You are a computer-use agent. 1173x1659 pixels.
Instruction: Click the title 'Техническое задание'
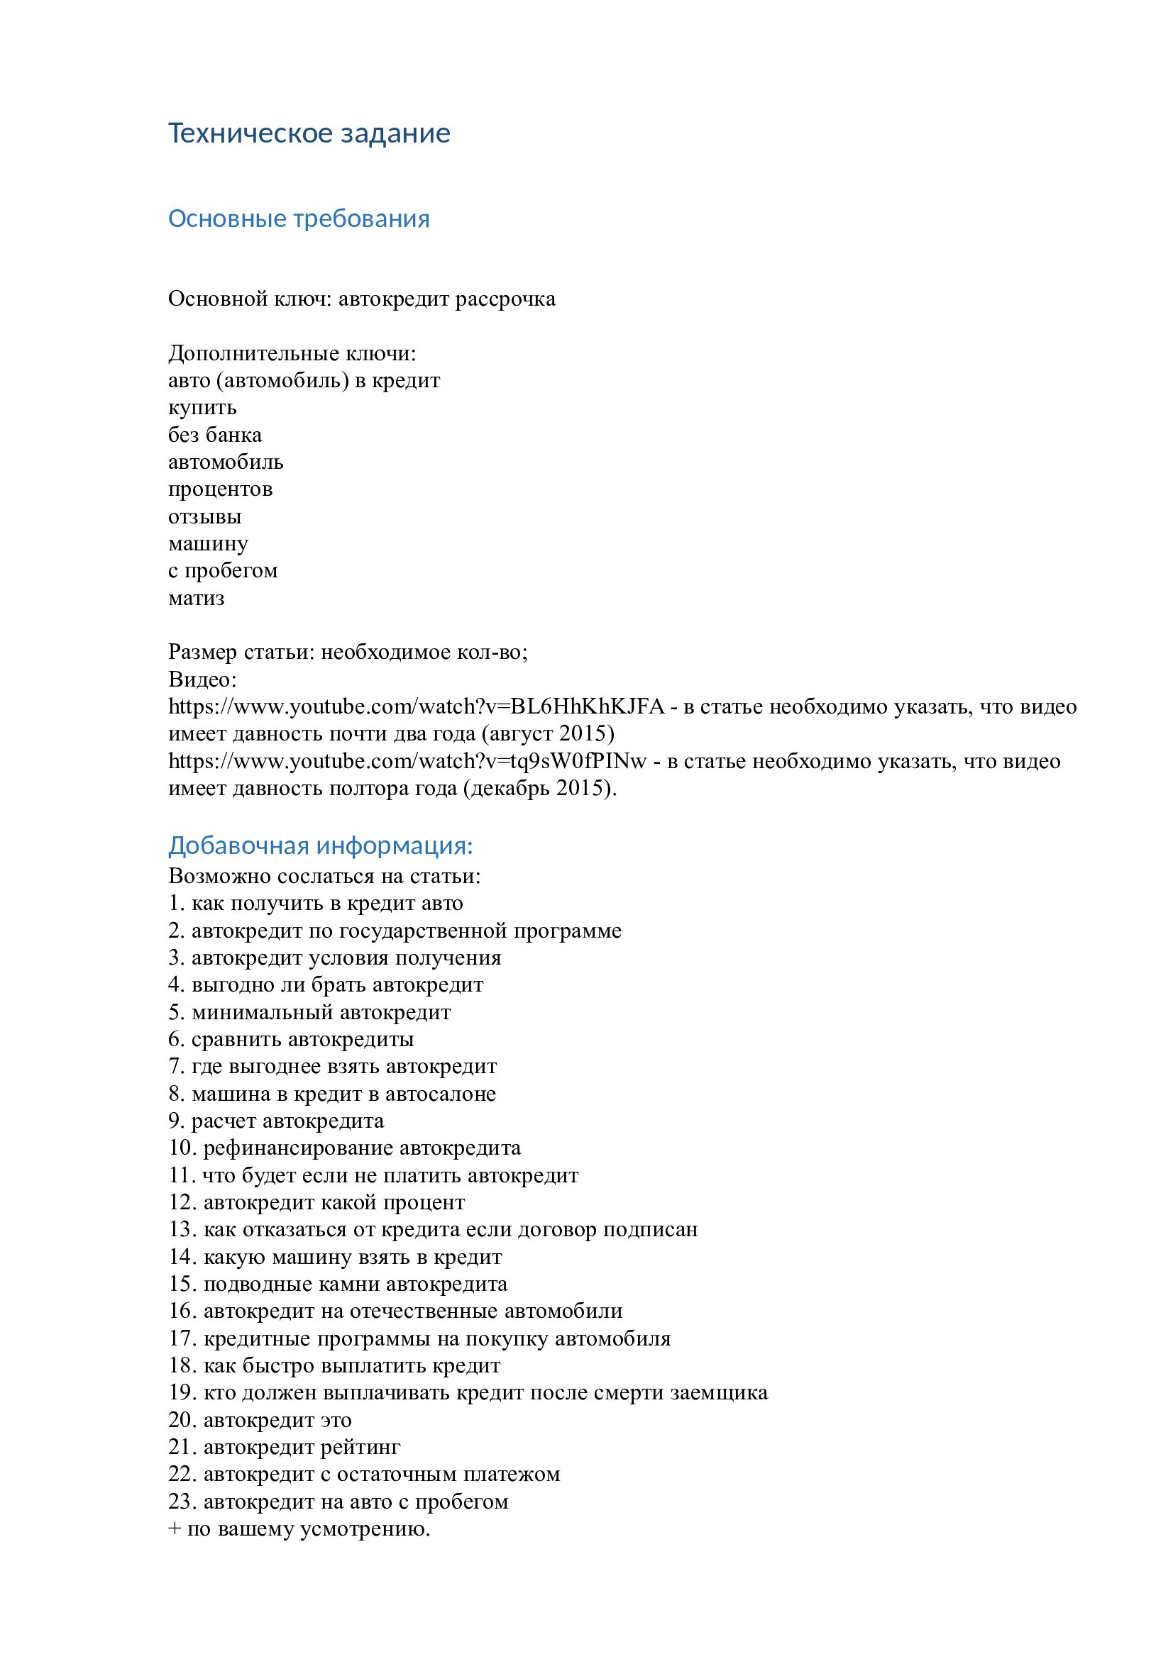tap(309, 133)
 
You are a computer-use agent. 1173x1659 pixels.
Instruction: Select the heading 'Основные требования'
tap(299, 219)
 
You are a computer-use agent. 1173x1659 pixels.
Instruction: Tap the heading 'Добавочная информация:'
tap(320, 845)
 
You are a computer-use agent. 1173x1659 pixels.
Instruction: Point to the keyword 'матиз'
tap(196, 599)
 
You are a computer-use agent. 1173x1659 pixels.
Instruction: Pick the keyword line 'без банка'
tap(214, 435)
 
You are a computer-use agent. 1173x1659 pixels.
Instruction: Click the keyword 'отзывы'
tap(204, 516)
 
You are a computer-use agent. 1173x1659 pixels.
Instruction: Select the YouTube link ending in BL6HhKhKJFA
tap(416, 706)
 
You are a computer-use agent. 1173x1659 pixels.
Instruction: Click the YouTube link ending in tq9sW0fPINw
tap(407, 761)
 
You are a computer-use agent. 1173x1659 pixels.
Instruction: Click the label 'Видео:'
tap(202, 679)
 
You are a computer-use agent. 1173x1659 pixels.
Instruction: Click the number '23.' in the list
tap(182, 1501)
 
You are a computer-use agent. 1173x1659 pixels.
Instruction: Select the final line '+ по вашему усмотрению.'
tap(299, 1528)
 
